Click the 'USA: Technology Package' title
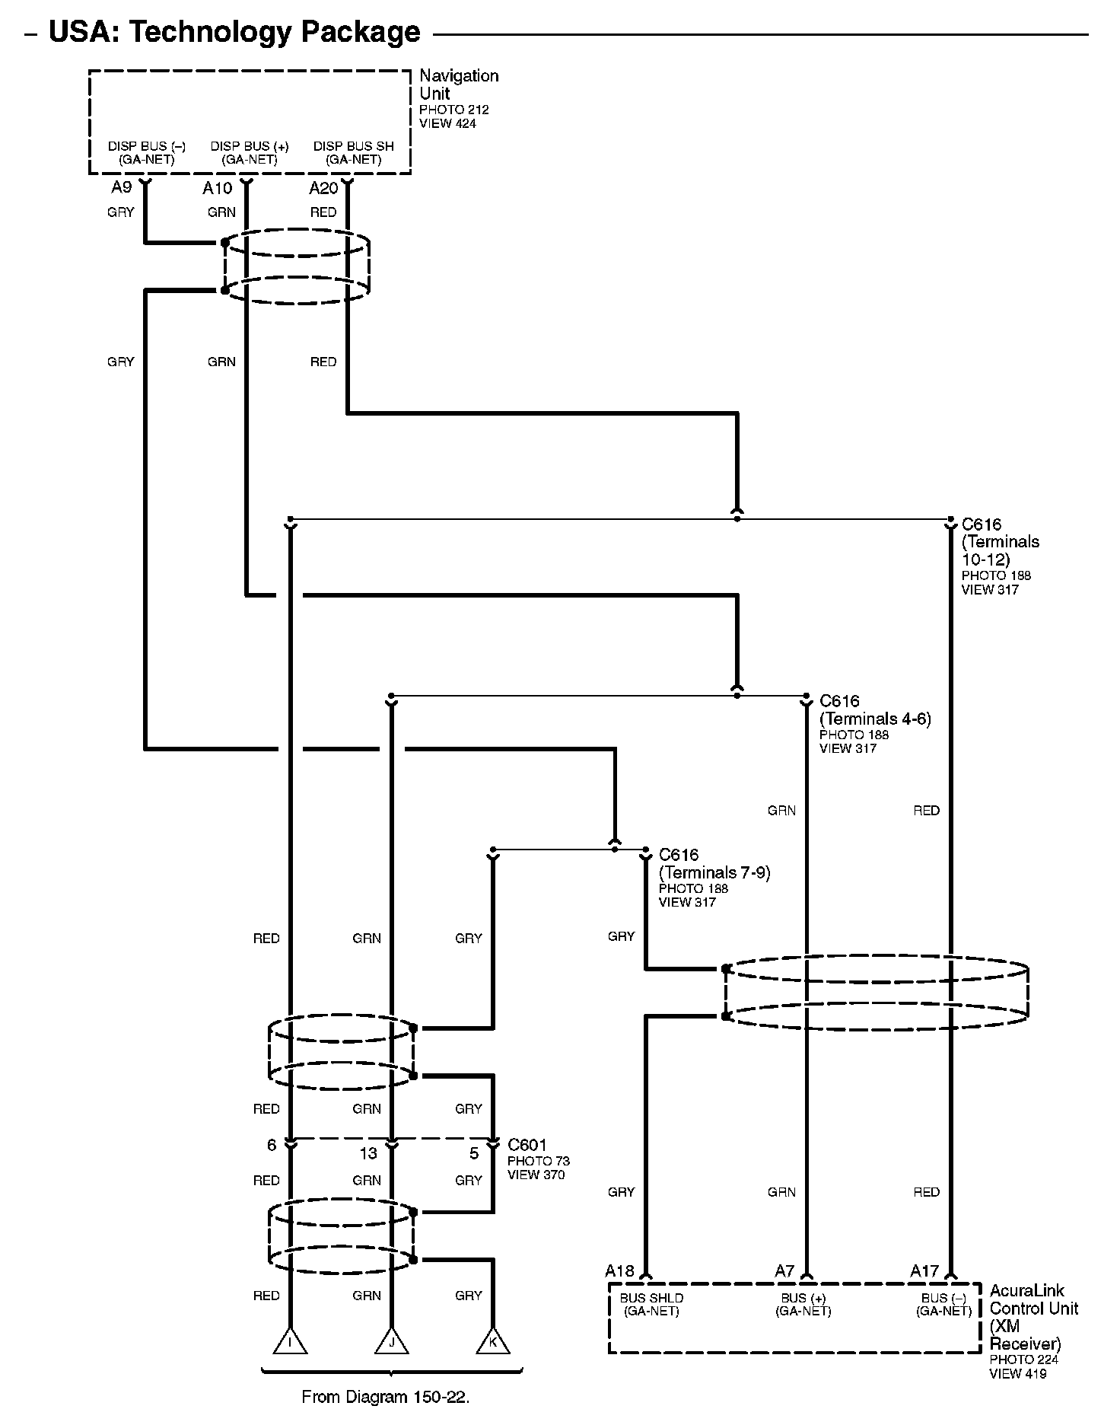(x=234, y=32)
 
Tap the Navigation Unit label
(x=459, y=84)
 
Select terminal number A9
(x=122, y=188)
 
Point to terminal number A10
(x=217, y=189)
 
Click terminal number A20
(x=323, y=189)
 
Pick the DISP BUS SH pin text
(x=354, y=146)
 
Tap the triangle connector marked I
(x=290, y=1342)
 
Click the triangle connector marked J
(x=392, y=1342)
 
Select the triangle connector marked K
(x=493, y=1342)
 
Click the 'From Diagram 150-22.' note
(x=386, y=1397)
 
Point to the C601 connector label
(x=527, y=1145)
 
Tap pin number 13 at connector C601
(x=368, y=1153)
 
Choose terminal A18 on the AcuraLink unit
(x=619, y=1270)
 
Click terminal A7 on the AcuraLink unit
(x=784, y=1270)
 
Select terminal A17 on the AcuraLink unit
(x=924, y=1270)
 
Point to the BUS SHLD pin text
(x=651, y=1298)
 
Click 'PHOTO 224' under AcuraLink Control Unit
(x=1023, y=1360)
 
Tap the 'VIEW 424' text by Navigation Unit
(x=447, y=123)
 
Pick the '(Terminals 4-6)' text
(x=875, y=719)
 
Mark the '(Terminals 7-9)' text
(x=714, y=872)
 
